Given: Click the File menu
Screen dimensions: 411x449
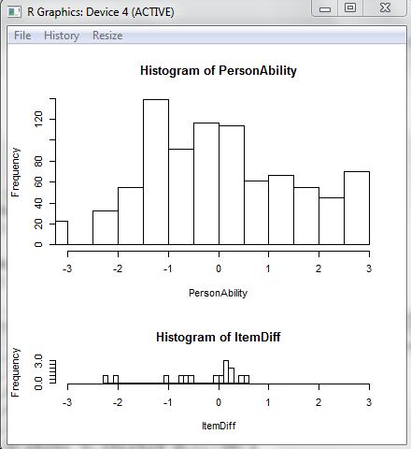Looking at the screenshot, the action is coord(22,36).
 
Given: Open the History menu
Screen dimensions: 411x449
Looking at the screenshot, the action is coord(62,36).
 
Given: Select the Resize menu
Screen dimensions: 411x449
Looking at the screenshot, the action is coord(107,36).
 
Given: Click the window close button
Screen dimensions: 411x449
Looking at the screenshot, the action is coord(385,8).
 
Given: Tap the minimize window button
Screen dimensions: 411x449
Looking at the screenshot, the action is coord(325,8).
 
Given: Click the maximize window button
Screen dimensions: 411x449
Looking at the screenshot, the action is coord(350,8).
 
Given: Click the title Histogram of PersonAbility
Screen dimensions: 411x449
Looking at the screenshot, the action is coord(219,70).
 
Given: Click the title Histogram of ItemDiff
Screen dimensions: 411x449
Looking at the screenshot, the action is coord(219,337).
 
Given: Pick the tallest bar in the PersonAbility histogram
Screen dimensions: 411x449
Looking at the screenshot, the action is coord(156,172).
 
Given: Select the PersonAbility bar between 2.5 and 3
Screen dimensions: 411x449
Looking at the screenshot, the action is coord(357,208).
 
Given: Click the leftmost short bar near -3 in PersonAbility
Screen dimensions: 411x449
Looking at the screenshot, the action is coord(62,233).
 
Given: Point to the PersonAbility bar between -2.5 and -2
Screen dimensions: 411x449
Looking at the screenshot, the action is coord(106,227).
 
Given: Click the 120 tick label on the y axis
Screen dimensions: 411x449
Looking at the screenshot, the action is coord(38,120).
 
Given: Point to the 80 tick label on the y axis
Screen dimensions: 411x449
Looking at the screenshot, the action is coord(38,162).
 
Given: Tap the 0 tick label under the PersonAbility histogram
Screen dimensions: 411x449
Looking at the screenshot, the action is coord(219,268).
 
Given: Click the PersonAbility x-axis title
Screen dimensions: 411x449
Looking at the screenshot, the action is coord(218,293).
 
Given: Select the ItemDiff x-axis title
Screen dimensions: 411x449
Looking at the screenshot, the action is coord(219,426).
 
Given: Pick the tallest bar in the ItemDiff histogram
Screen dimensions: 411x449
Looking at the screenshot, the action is coord(226,372).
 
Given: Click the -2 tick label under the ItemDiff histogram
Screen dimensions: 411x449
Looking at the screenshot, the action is coord(118,402).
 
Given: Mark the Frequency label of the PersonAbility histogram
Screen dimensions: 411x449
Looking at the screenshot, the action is coord(15,172).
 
